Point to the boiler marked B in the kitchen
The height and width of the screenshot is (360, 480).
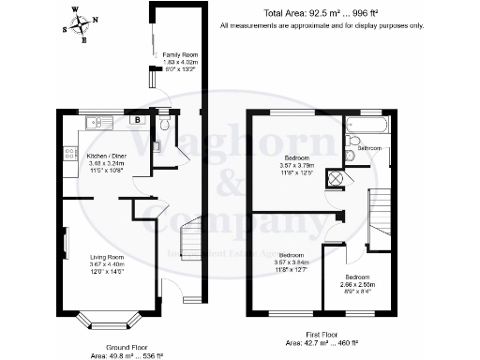point(137,121)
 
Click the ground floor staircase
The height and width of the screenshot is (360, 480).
point(189,230)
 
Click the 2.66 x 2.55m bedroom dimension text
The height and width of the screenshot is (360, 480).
point(357,284)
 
